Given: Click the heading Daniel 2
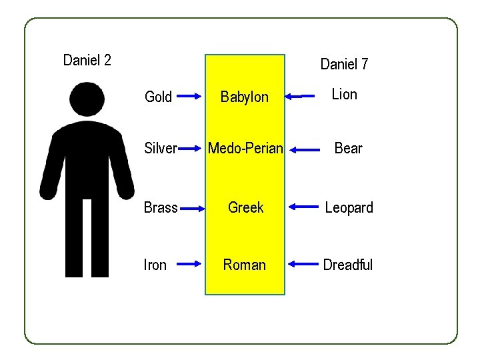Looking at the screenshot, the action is pos(87,61).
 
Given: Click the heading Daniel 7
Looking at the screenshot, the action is pos(344,64).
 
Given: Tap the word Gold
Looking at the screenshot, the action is pos(158,97).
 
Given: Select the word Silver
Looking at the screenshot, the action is pos(161,148).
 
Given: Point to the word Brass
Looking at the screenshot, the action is pos(161,207).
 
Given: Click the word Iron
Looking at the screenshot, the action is pos(155,265).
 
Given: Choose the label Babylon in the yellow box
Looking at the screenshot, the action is pos(245,97).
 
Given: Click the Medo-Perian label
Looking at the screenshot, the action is pos(245,148).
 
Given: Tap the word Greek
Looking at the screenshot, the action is pos(245,207).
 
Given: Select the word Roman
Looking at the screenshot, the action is pos(245,265).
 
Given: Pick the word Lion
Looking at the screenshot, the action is pos(345,95).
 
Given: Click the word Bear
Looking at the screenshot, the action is pos(348,148).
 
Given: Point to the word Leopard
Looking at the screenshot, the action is pos(349,207).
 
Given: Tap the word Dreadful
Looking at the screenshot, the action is pos(347,265).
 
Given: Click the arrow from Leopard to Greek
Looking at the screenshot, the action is pos(303,208).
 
